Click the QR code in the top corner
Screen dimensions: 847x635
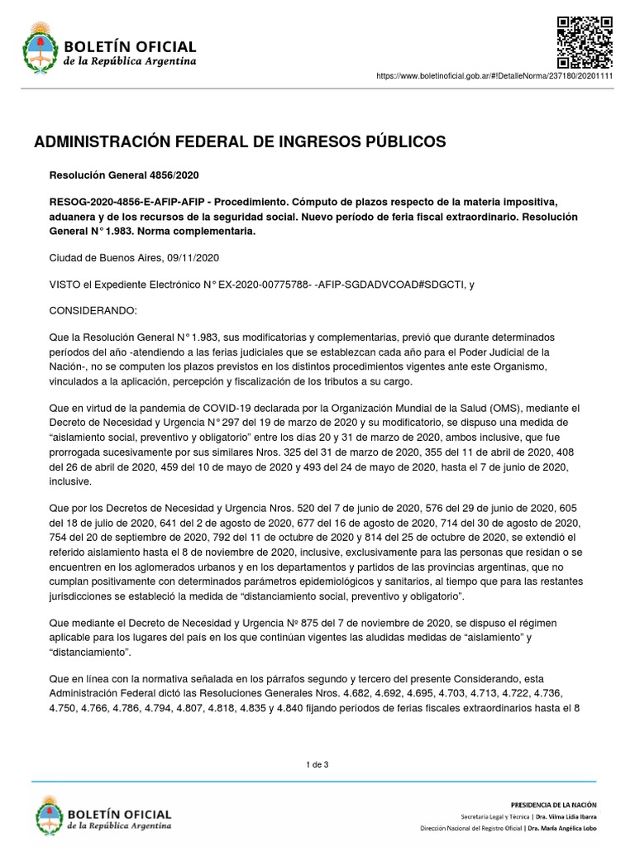(x=585, y=42)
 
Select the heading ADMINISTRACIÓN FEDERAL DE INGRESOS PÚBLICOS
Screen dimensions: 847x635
(x=240, y=142)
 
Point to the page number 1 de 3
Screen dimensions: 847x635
(x=317, y=764)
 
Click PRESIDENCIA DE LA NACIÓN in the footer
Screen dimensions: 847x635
(x=554, y=804)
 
